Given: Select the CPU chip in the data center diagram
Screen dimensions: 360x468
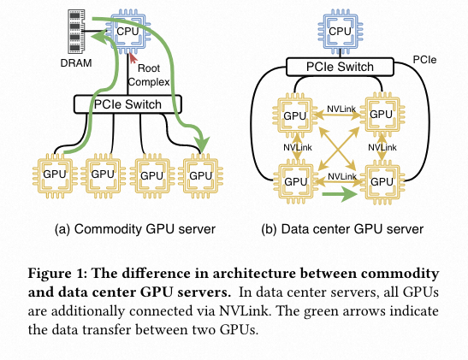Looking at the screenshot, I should pyautogui.click(x=341, y=32).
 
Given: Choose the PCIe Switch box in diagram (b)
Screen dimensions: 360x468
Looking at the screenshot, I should pyautogui.click(x=341, y=67).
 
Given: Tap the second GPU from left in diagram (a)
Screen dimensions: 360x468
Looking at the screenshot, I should pyautogui.click(x=104, y=174).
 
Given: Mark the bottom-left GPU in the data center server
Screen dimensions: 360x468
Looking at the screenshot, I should pyautogui.click(x=294, y=181).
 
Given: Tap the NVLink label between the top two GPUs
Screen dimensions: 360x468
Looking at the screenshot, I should pyautogui.click(x=342, y=109).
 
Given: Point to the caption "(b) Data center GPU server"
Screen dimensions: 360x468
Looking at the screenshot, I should pyautogui.click(x=343, y=228).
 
